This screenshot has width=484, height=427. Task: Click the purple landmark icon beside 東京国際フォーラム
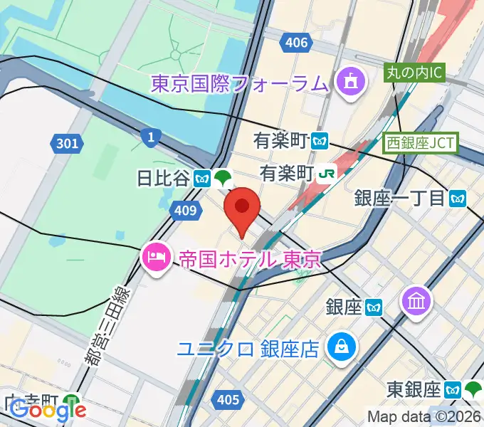pos(350,83)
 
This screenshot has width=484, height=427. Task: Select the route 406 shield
pos(296,43)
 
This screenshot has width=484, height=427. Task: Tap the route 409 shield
pos(184,209)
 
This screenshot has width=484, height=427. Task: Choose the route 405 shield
pos(227,401)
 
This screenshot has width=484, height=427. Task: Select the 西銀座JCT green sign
pos(421,142)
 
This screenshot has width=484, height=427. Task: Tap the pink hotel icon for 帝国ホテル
pos(154,258)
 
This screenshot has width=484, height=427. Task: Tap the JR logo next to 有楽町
pos(327,172)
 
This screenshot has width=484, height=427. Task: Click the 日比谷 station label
pos(164,179)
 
